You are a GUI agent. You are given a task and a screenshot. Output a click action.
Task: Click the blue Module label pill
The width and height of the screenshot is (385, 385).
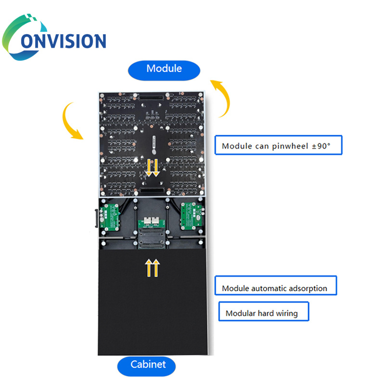click(x=164, y=69)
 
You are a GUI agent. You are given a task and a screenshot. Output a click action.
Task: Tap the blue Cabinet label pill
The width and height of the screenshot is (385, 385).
click(x=147, y=365)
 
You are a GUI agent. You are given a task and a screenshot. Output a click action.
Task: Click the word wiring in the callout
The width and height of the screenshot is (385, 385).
click(x=287, y=314)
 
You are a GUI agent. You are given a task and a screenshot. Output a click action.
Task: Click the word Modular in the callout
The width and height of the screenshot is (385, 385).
click(x=240, y=314)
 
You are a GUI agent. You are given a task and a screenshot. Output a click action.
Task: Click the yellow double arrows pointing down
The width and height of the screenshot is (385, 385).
click(x=153, y=167)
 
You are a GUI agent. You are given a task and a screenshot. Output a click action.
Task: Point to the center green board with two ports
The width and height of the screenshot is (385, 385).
click(x=152, y=222)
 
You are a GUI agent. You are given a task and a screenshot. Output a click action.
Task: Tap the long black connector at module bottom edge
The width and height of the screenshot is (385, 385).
click(x=153, y=192)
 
